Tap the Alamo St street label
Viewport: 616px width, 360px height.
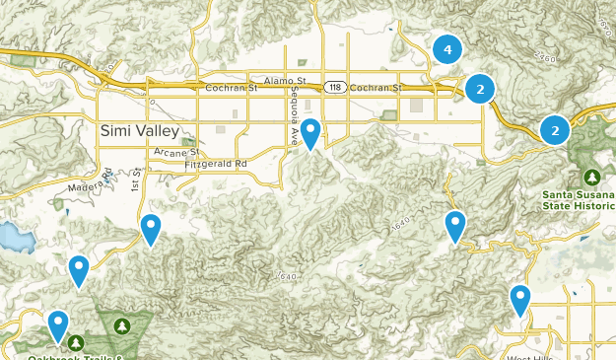pyautogui.click(x=286, y=80)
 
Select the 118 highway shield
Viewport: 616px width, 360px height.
pyautogui.click(x=337, y=88)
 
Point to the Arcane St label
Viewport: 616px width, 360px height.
pyautogui.click(x=177, y=152)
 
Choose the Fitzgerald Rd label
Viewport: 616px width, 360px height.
pyautogui.click(x=215, y=163)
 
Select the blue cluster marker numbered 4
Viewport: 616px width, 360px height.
pyautogui.click(x=447, y=48)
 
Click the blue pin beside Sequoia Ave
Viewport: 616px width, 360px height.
pyautogui.click(x=310, y=131)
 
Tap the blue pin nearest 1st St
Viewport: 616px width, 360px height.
pyautogui.click(x=150, y=228)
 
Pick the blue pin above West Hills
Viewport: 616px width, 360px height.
pyautogui.click(x=520, y=298)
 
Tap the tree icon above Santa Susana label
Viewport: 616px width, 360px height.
pyautogui.click(x=591, y=178)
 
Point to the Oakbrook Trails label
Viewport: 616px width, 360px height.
pyautogui.click(x=69, y=355)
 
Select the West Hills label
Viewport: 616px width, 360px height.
pyautogui.click(x=529, y=356)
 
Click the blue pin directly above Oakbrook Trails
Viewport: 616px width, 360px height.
pyautogui.click(x=58, y=323)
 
